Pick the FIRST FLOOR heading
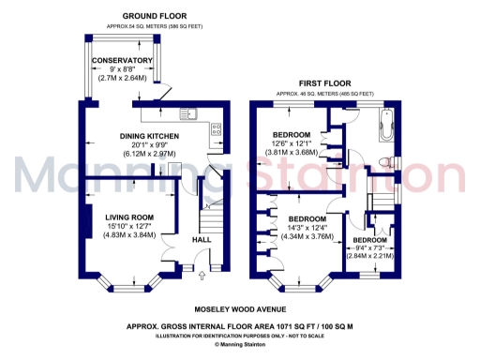(x=323, y=82)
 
